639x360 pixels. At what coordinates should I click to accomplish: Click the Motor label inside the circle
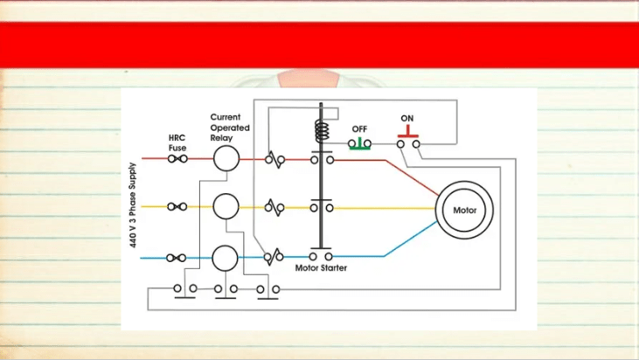tap(464, 210)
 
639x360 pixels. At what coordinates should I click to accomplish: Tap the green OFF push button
tap(359, 144)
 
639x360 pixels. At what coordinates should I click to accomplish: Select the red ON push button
tap(408, 137)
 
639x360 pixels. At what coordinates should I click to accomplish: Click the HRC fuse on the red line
tap(177, 158)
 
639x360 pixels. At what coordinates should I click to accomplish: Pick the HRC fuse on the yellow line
tap(177, 207)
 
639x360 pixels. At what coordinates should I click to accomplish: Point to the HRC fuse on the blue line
tap(177, 258)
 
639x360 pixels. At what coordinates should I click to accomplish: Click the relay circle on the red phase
tap(226, 158)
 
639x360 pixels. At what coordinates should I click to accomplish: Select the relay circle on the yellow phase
tap(226, 206)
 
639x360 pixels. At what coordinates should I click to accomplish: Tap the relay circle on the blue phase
tap(225, 258)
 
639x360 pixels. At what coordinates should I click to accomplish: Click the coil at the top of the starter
tap(322, 130)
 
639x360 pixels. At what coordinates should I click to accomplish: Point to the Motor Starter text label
tap(321, 268)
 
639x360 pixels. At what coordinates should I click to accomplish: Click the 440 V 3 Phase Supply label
tap(133, 205)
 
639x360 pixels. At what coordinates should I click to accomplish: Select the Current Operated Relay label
tap(230, 128)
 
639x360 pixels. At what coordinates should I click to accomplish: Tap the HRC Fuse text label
tap(177, 142)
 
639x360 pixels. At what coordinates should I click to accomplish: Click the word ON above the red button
tap(407, 119)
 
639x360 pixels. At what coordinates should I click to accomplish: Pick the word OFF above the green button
tap(359, 129)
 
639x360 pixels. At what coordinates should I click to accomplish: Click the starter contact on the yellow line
tap(322, 205)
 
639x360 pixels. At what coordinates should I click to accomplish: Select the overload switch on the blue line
tap(274, 257)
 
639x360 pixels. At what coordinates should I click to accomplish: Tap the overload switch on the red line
tap(275, 159)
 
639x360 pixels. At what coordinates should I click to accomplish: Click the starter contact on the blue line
tap(321, 254)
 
